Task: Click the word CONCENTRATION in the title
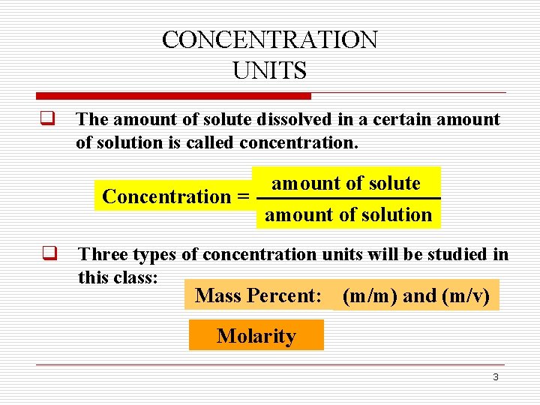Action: click(270, 40)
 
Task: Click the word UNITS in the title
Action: click(270, 71)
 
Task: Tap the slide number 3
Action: click(495, 376)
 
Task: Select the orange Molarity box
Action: click(256, 336)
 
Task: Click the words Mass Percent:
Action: click(258, 296)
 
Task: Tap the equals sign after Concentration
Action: click(242, 197)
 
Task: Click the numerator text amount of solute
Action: click(346, 184)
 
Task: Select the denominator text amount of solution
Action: click(348, 215)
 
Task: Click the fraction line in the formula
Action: click(348, 199)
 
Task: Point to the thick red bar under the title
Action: click(173, 96)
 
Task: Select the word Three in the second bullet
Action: click(101, 254)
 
